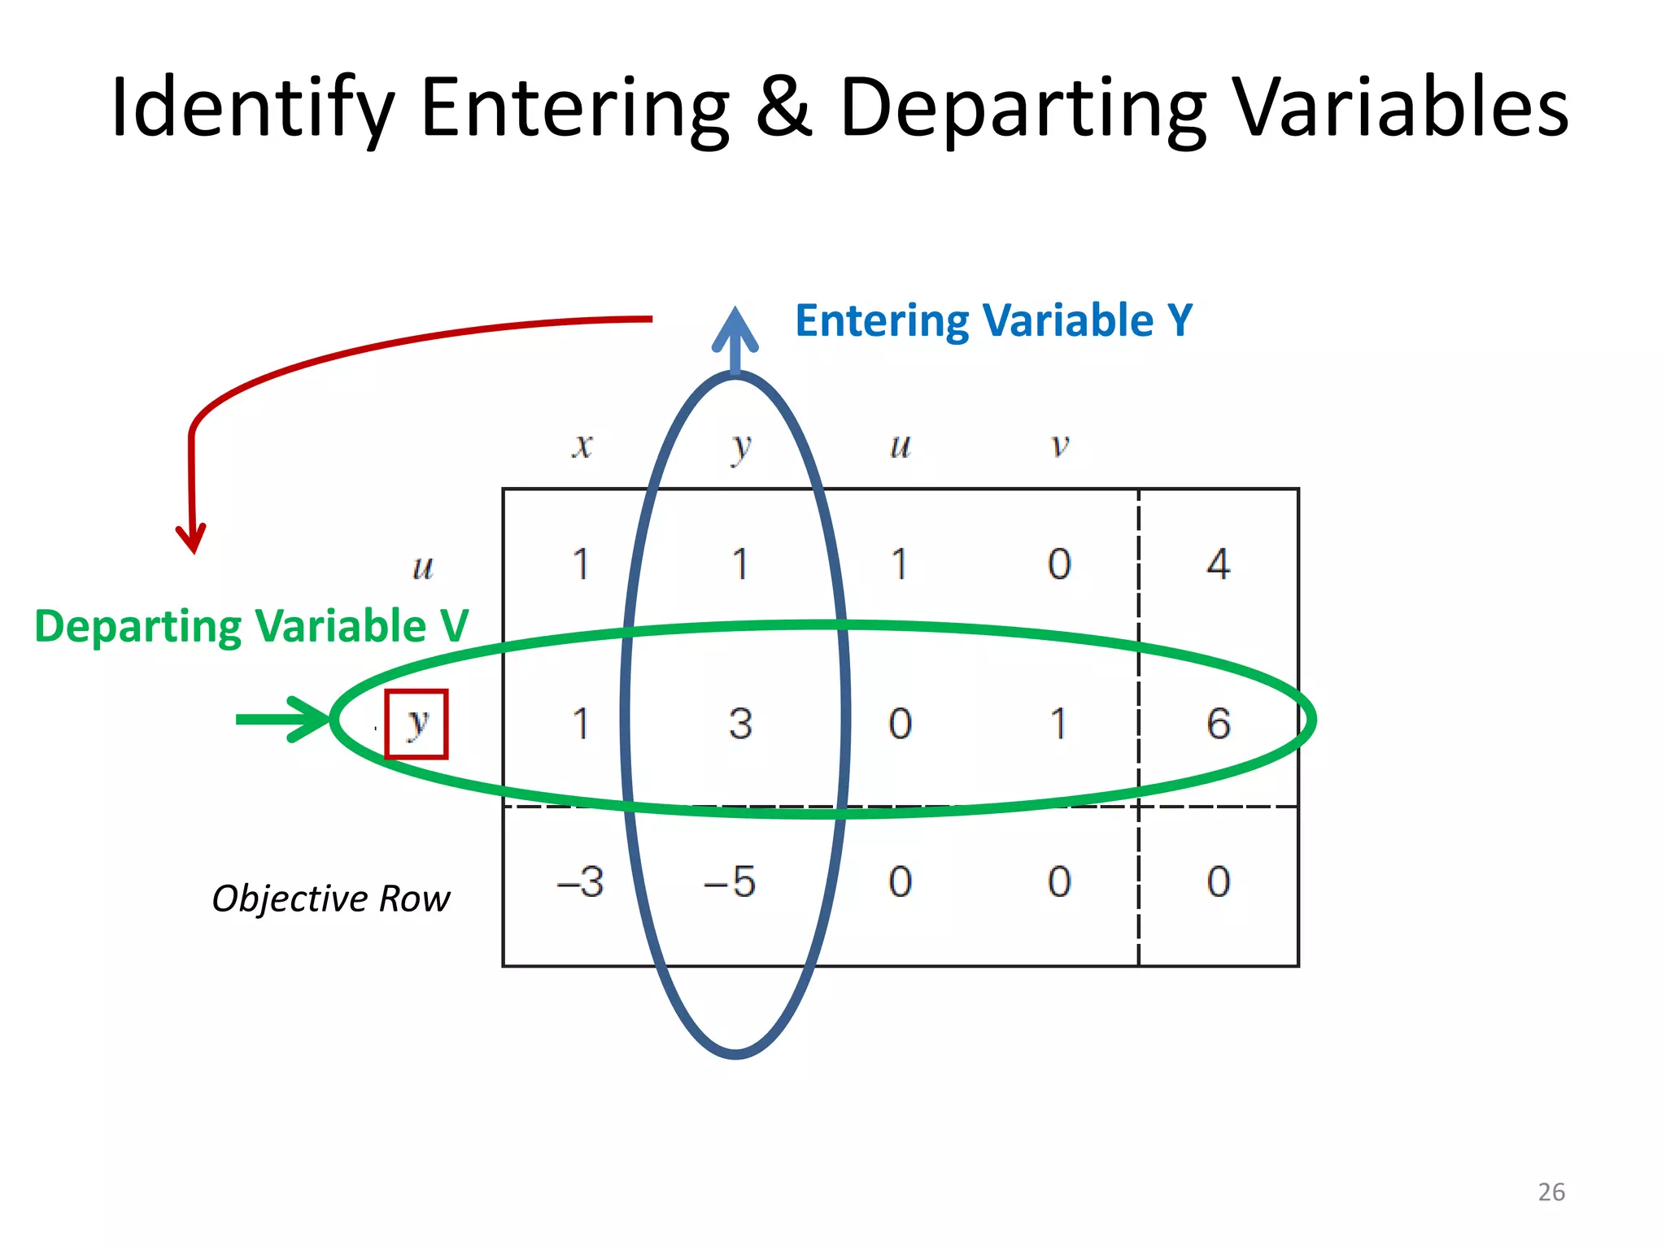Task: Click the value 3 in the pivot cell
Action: (x=740, y=723)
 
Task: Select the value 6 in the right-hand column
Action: (x=1218, y=723)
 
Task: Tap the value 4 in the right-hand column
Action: (x=1218, y=564)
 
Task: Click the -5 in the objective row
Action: (x=731, y=881)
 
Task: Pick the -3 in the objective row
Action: (x=581, y=881)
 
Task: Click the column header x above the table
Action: (x=582, y=445)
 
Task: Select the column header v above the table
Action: (x=1059, y=445)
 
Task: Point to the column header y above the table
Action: (x=740, y=446)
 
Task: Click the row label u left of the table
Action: (x=423, y=567)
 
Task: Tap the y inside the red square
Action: (x=416, y=723)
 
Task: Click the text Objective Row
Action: (x=330, y=899)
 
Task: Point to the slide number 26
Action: (x=1551, y=1192)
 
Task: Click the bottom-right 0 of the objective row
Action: (x=1218, y=881)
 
